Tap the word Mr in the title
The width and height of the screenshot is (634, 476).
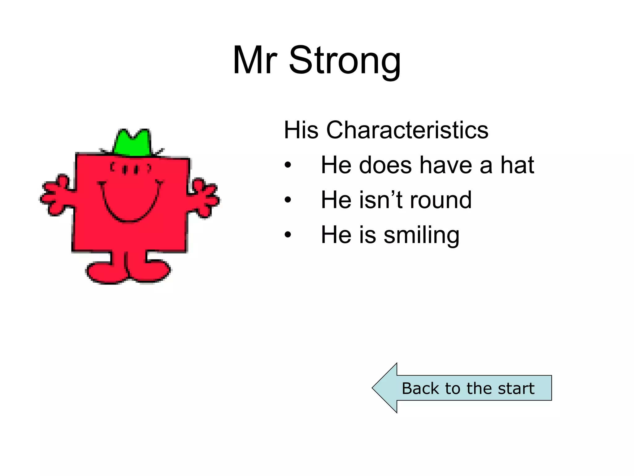coord(254,60)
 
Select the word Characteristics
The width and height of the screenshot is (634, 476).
coord(407,130)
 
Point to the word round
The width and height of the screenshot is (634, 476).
coord(441,200)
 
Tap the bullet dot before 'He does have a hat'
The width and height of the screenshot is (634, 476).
coord(288,165)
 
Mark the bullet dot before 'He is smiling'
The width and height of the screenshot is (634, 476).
coord(288,235)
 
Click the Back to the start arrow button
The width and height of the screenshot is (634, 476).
coord(467,388)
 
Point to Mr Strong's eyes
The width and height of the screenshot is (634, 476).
coord(130,170)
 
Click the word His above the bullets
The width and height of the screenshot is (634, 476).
coord(301,130)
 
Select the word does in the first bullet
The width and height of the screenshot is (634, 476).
coord(385,165)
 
